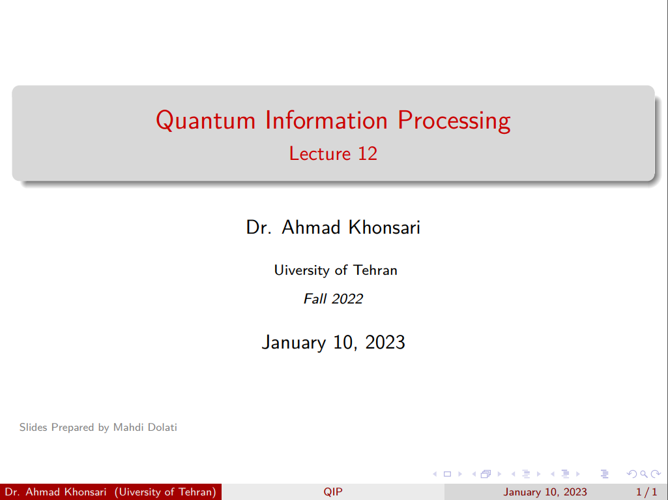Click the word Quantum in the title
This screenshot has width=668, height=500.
tap(205, 121)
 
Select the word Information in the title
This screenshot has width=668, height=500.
tap(327, 120)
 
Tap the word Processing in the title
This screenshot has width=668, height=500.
tap(454, 121)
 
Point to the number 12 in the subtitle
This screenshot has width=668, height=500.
tap(368, 153)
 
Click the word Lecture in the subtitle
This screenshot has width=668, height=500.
tap(320, 153)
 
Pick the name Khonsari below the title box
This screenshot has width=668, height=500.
tap(385, 227)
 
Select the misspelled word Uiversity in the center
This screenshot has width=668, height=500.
tap(302, 270)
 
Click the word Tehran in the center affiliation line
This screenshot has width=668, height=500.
tap(375, 270)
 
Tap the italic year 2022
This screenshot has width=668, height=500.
tap(347, 299)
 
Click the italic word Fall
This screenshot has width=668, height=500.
tap(315, 299)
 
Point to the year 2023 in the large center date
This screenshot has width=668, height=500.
tap(385, 343)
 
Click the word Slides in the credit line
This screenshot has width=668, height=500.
tap(33, 427)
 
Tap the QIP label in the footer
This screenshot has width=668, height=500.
tap(333, 492)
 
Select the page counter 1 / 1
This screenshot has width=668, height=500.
tap(646, 492)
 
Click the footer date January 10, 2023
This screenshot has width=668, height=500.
tap(545, 492)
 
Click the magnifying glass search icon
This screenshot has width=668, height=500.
tap(644, 474)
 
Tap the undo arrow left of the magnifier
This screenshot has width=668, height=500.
tap(632, 473)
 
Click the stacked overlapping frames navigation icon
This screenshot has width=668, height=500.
tap(486, 474)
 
